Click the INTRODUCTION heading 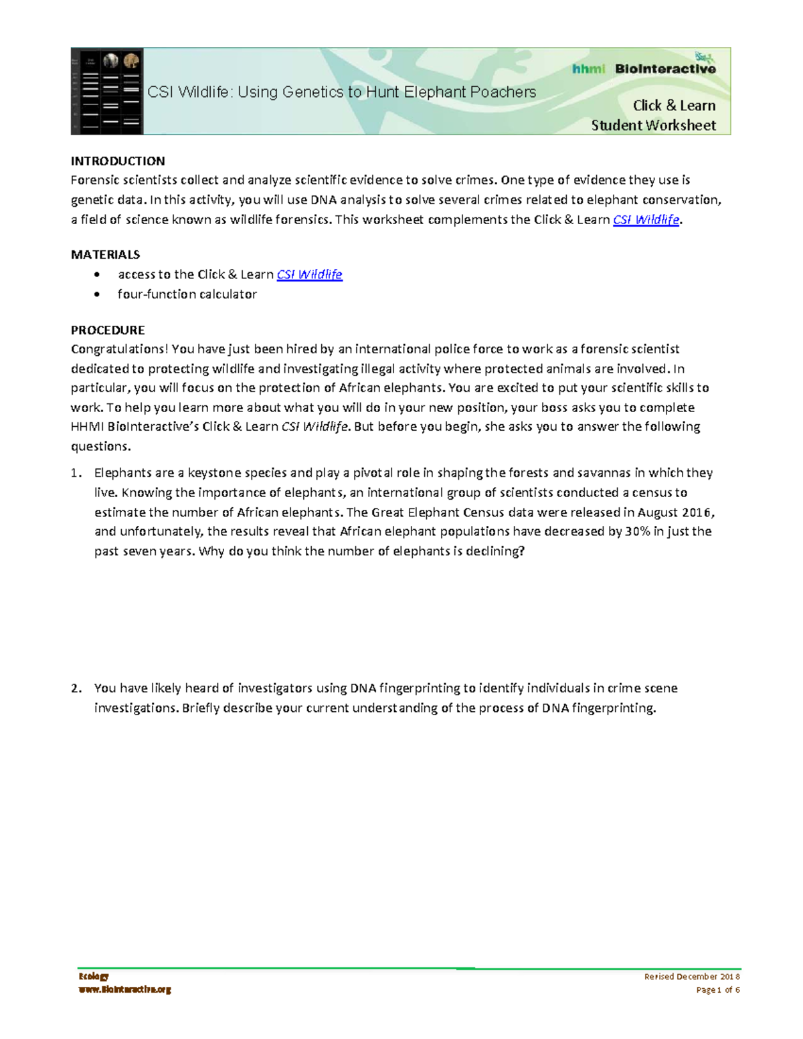click(x=118, y=161)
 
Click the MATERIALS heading click(x=105, y=255)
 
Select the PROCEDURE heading click(x=108, y=330)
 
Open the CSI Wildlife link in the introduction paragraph click(x=646, y=220)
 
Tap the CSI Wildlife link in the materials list click(x=309, y=275)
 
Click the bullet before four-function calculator click(x=98, y=294)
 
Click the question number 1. click(x=76, y=474)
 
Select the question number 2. click(x=76, y=688)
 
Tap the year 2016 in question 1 click(x=697, y=512)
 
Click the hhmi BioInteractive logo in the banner click(x=644, y=68)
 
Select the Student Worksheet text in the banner click(x=653, y=126)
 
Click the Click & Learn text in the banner click(x=674, y=106)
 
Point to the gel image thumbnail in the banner click(x=107, y=92)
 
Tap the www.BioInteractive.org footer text click(x=124, y=989)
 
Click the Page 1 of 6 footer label click(x=717, y=990)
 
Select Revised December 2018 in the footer click(x=691, y=977)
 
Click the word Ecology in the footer click(x=93, y=977)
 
